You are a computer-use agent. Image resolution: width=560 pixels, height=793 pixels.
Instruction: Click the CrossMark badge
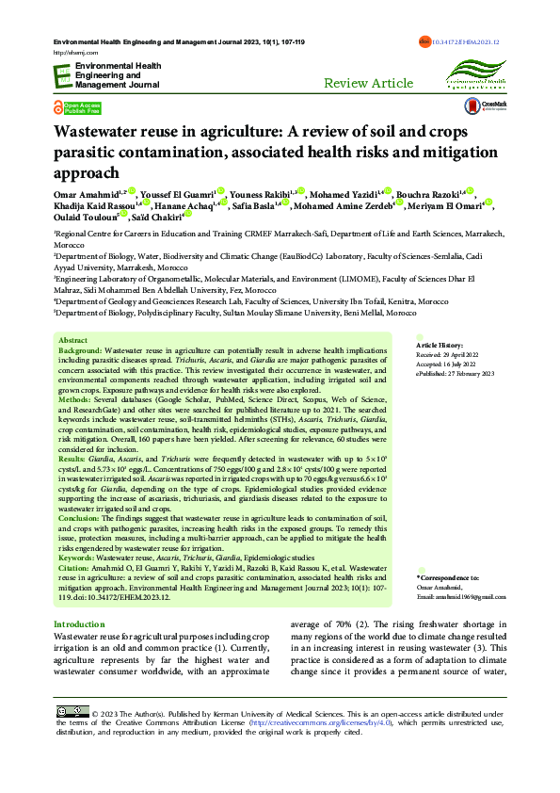click(x=493, y=107)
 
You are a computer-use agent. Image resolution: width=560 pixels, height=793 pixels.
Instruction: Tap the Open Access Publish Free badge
click(x=76, y=107)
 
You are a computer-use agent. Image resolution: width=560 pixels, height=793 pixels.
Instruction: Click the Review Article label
click(x=368, y=83)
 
